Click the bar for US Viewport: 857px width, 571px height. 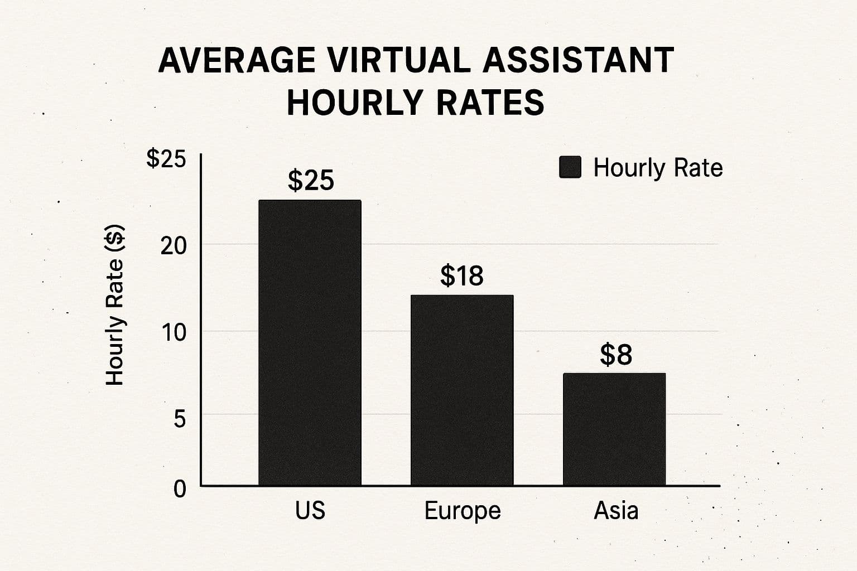tap(310, 342)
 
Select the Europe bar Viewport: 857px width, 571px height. tap(462, 390)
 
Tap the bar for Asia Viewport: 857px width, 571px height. tap(614, 429)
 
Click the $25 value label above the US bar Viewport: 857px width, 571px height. tap(311, 180)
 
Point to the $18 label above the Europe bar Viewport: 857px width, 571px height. tap(462, 275)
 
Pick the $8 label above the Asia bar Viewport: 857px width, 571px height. tap(616, 355)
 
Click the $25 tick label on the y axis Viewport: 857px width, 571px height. tap(166, 159)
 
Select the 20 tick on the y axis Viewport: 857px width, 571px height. tap(174, 245)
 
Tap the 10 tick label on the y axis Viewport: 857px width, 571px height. tap(174, 333)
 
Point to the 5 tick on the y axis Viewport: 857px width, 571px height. tap(180, 418)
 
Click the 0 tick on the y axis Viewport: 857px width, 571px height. tap(180, 489)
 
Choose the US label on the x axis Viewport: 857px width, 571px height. tap(310, 510)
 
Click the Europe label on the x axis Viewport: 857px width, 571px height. tap(463, 511)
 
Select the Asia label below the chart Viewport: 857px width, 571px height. tap(616, 510)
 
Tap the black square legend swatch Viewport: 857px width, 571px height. tap(570, 167)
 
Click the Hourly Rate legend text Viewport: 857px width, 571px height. tap(658, 168)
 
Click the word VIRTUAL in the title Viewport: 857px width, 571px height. tap(399, 60)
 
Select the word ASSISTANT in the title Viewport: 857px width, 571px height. tap(578, 60)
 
